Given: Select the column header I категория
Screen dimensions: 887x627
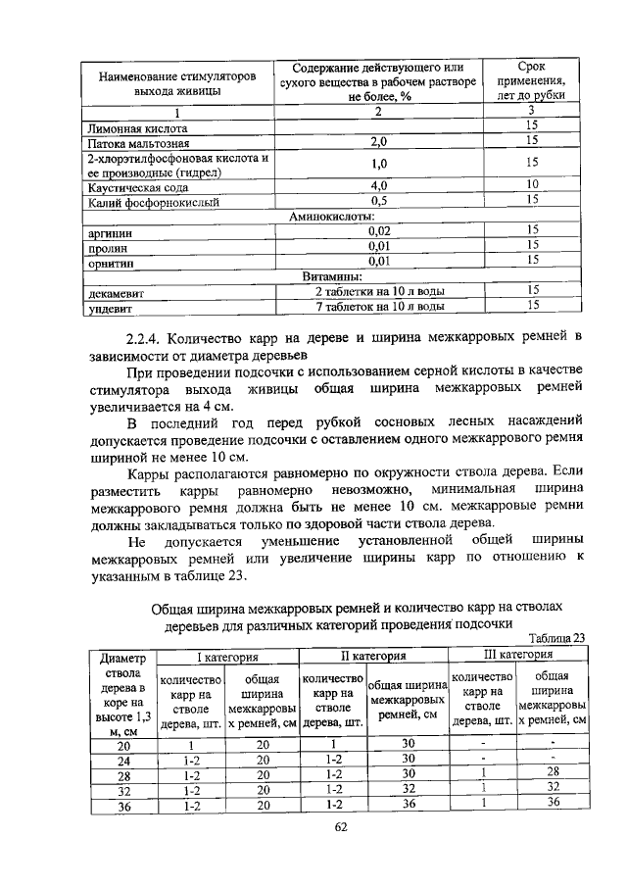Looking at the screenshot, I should [227, 655].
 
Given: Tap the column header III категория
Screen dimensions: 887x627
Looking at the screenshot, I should [519, 653].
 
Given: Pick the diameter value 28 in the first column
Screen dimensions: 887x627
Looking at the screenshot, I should [123, 774].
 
